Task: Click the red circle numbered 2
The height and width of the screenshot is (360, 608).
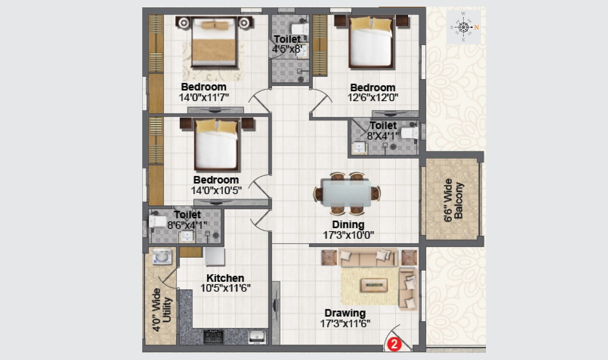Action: coord(394,344)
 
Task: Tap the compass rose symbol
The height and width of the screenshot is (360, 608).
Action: coord(463,27)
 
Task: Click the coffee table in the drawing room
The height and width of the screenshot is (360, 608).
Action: coord(374,285)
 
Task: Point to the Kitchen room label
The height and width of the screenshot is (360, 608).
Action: coord(225,278)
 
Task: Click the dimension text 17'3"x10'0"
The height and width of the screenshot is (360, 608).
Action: coord(348,235)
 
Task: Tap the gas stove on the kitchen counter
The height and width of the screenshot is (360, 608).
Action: coord(214,336)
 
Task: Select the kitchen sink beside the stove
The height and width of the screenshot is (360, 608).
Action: coord(257,336)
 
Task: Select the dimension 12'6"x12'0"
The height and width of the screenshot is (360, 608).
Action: coord(373,98)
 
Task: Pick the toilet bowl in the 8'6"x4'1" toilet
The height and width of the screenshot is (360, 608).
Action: coord(157,221)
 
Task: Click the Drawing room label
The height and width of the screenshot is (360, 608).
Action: coord(345,313)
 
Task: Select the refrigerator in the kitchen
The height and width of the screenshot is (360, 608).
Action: coord(214,256)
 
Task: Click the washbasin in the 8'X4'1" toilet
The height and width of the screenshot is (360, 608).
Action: coord(359,147)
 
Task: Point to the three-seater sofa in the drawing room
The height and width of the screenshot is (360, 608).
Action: coord(369,257)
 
